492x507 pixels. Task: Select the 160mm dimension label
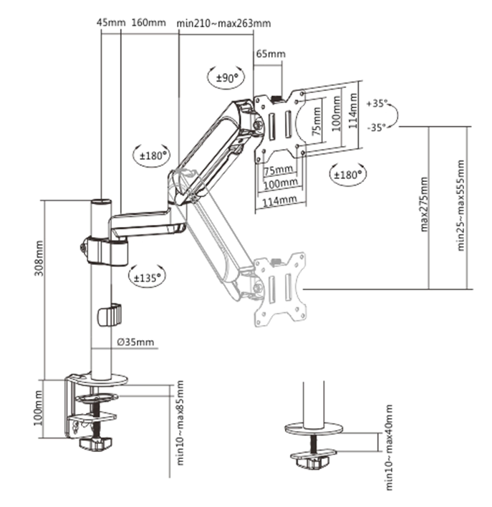149,22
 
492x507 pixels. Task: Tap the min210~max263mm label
225,22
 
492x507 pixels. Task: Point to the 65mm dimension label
270,54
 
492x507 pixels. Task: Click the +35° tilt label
377,104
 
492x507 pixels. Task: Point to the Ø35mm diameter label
135,341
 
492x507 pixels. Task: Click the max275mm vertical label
424,204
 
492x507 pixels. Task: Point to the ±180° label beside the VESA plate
347,173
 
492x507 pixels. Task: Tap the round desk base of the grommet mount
314,429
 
